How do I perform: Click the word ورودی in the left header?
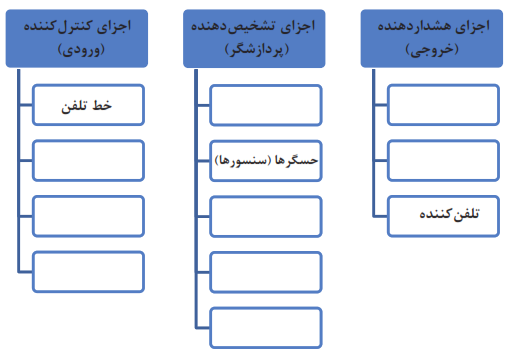[x=81, y=50]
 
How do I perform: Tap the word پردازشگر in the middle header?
[x=257, y=50]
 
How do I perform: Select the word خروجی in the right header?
[x=432, y=50]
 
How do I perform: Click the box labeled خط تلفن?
[x=88, y=105]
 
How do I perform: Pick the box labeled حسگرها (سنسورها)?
[x=266, y=161]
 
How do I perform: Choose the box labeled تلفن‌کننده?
[x=443, y=216]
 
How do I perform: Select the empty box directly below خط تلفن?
[x=88, y=161]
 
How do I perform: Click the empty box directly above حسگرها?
[x=266, y=105]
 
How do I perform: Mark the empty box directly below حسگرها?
[x=266, y=216]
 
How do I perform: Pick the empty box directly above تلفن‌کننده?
[x=443, y=161]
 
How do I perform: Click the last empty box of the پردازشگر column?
[x=266, y=328]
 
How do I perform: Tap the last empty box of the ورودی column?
[x=88, y=272]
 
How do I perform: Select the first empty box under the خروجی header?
[x=443, y=105]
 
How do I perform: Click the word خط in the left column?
[x=102, y=105]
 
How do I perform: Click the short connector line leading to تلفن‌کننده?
[x=380, y=217]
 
